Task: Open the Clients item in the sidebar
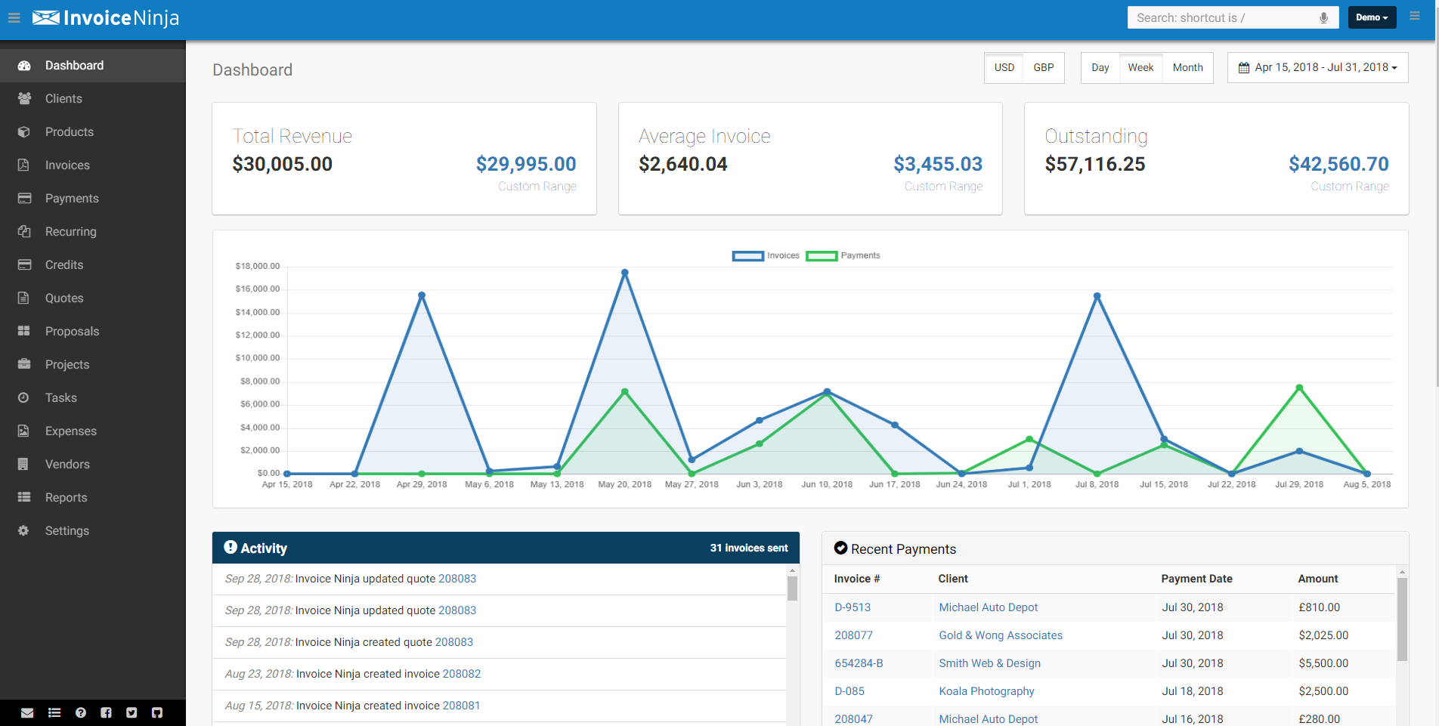tap(63, 99)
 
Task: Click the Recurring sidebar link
tap(70, 232)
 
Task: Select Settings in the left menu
tap(67, 531)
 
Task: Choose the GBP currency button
tap(1043, 68)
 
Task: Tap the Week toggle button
tap(1140, 68)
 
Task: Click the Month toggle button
tap(1187, 68)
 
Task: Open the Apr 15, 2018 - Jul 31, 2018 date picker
tap(1317, 68)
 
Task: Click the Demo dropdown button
tap(1371, 17)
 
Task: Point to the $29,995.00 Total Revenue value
tap(525, 164)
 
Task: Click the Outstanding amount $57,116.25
tap(1094, 164)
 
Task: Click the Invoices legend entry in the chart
tap(766, 256)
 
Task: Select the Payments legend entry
tap(843, 256)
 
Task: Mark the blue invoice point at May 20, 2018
tap(624, 273)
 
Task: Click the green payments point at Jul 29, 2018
tap(1299, 388)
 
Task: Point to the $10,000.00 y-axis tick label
tap(258, 358)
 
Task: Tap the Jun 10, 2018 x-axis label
tap(827, 485)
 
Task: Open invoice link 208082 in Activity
tap(461, 674)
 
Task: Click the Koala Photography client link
tap(986, 691)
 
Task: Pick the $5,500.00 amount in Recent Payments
tap(1323, 663)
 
